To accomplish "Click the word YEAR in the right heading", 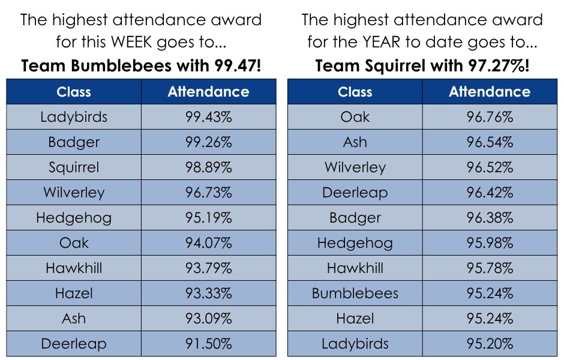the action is pos(381,42).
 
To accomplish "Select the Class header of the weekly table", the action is pos(74,92).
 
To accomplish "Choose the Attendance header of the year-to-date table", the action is pos(490,92).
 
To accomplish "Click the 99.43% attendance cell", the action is pos(209,117).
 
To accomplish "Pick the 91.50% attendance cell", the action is pos(209,343).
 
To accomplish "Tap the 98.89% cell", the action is pos(209,167).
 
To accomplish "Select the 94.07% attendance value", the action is pos(209,243).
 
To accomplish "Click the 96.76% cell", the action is pos(490,117).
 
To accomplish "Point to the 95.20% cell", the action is pos(490,343).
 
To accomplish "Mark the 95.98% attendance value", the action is pos(490,243).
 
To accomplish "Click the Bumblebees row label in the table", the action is pos(355,293).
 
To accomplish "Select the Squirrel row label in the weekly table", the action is pos(74,167).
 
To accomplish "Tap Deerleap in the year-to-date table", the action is pos(355,193).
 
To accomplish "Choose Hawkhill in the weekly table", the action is pos(74,268).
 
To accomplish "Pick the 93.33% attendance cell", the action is pos(209,293).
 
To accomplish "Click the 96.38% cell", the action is pos(490,218).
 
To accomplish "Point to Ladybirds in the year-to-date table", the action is pos(355,344).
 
